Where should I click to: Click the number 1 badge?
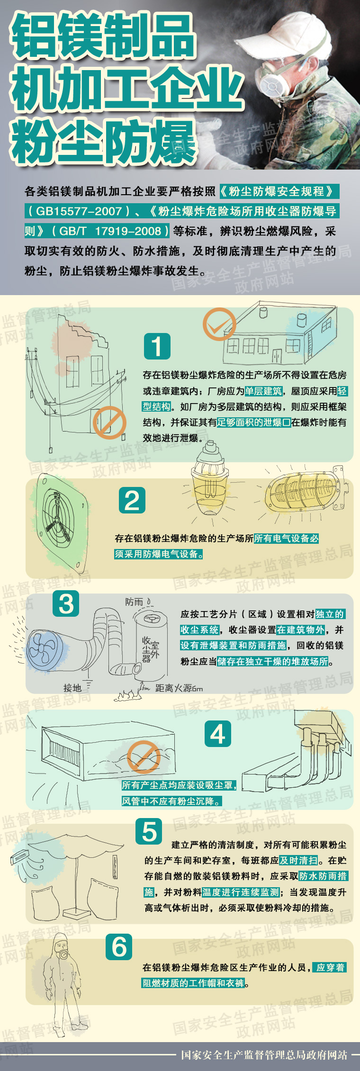[157, 346]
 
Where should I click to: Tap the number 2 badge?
[132, 500]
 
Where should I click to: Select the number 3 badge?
[66, 603]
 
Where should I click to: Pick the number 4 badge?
[218, 734]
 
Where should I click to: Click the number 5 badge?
[149, 831]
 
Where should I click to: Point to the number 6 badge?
[119, 946]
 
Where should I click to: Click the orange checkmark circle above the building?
[220, 324]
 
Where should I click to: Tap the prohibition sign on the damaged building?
[109, 423]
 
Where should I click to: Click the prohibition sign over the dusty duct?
[144, 756]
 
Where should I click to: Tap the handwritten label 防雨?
[135, 602]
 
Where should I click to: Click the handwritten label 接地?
[72, 687]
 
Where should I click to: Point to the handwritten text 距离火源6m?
[179, 687]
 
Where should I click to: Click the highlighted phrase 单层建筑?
[263, 391]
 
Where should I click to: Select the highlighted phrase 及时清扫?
[298, 860]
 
